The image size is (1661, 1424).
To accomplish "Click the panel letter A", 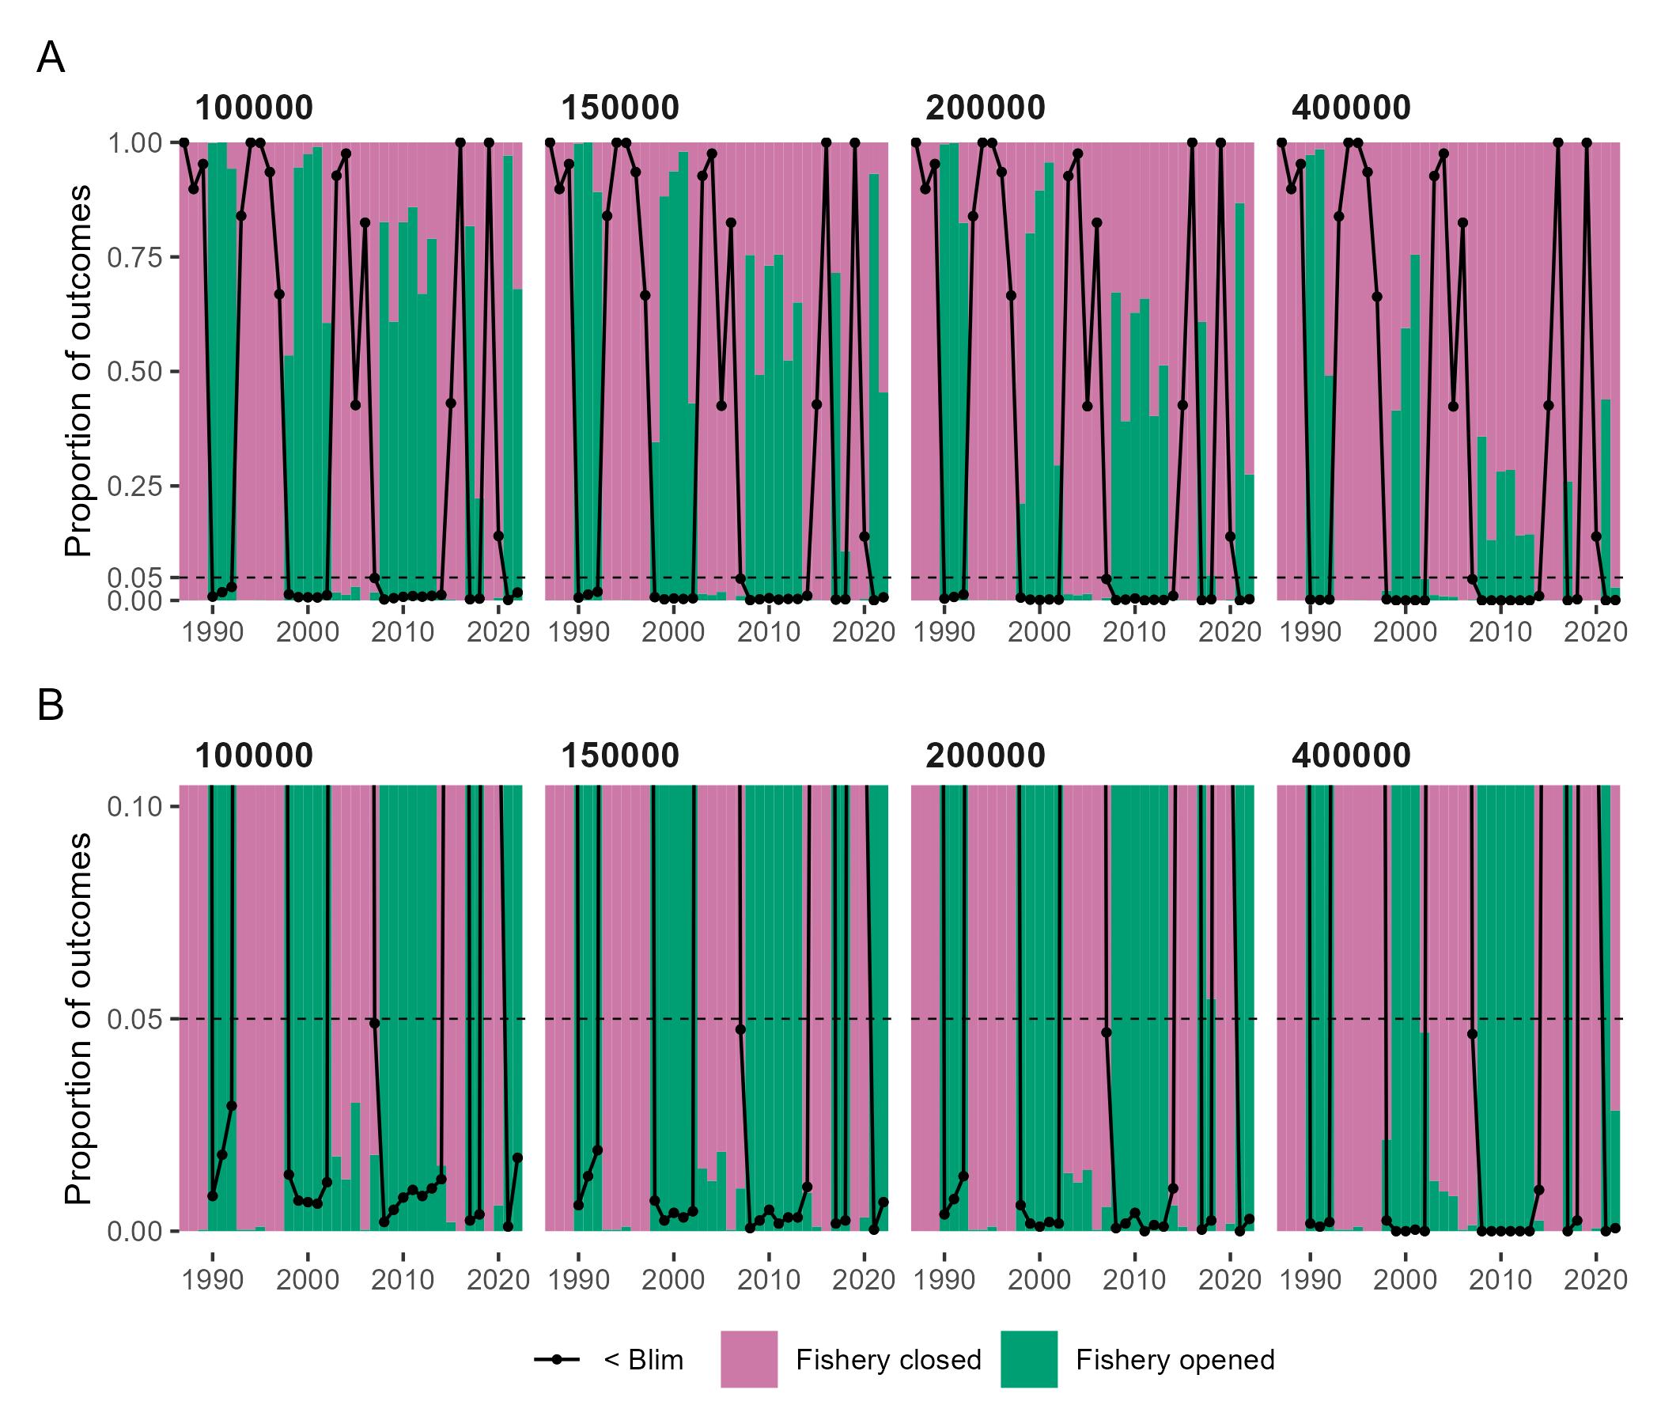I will click(50, 59).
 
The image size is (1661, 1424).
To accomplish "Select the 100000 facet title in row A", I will click(253, 108).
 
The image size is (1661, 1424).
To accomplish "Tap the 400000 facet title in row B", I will click(1351, 756).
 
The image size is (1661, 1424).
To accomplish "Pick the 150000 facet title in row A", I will click(619, 108).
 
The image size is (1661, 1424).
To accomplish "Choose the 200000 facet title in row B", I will click(986, 756).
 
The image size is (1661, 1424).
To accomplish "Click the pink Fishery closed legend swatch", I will click(749, 1359).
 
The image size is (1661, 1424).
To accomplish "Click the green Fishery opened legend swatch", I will click(1028, 1359).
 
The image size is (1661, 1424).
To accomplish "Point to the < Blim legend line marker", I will click(556, 1359).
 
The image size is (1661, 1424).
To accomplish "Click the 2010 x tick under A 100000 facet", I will click(403, 633).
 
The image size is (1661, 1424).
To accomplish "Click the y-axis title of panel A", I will click(78, 370).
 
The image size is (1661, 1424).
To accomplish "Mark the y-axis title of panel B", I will click(78, 1018).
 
